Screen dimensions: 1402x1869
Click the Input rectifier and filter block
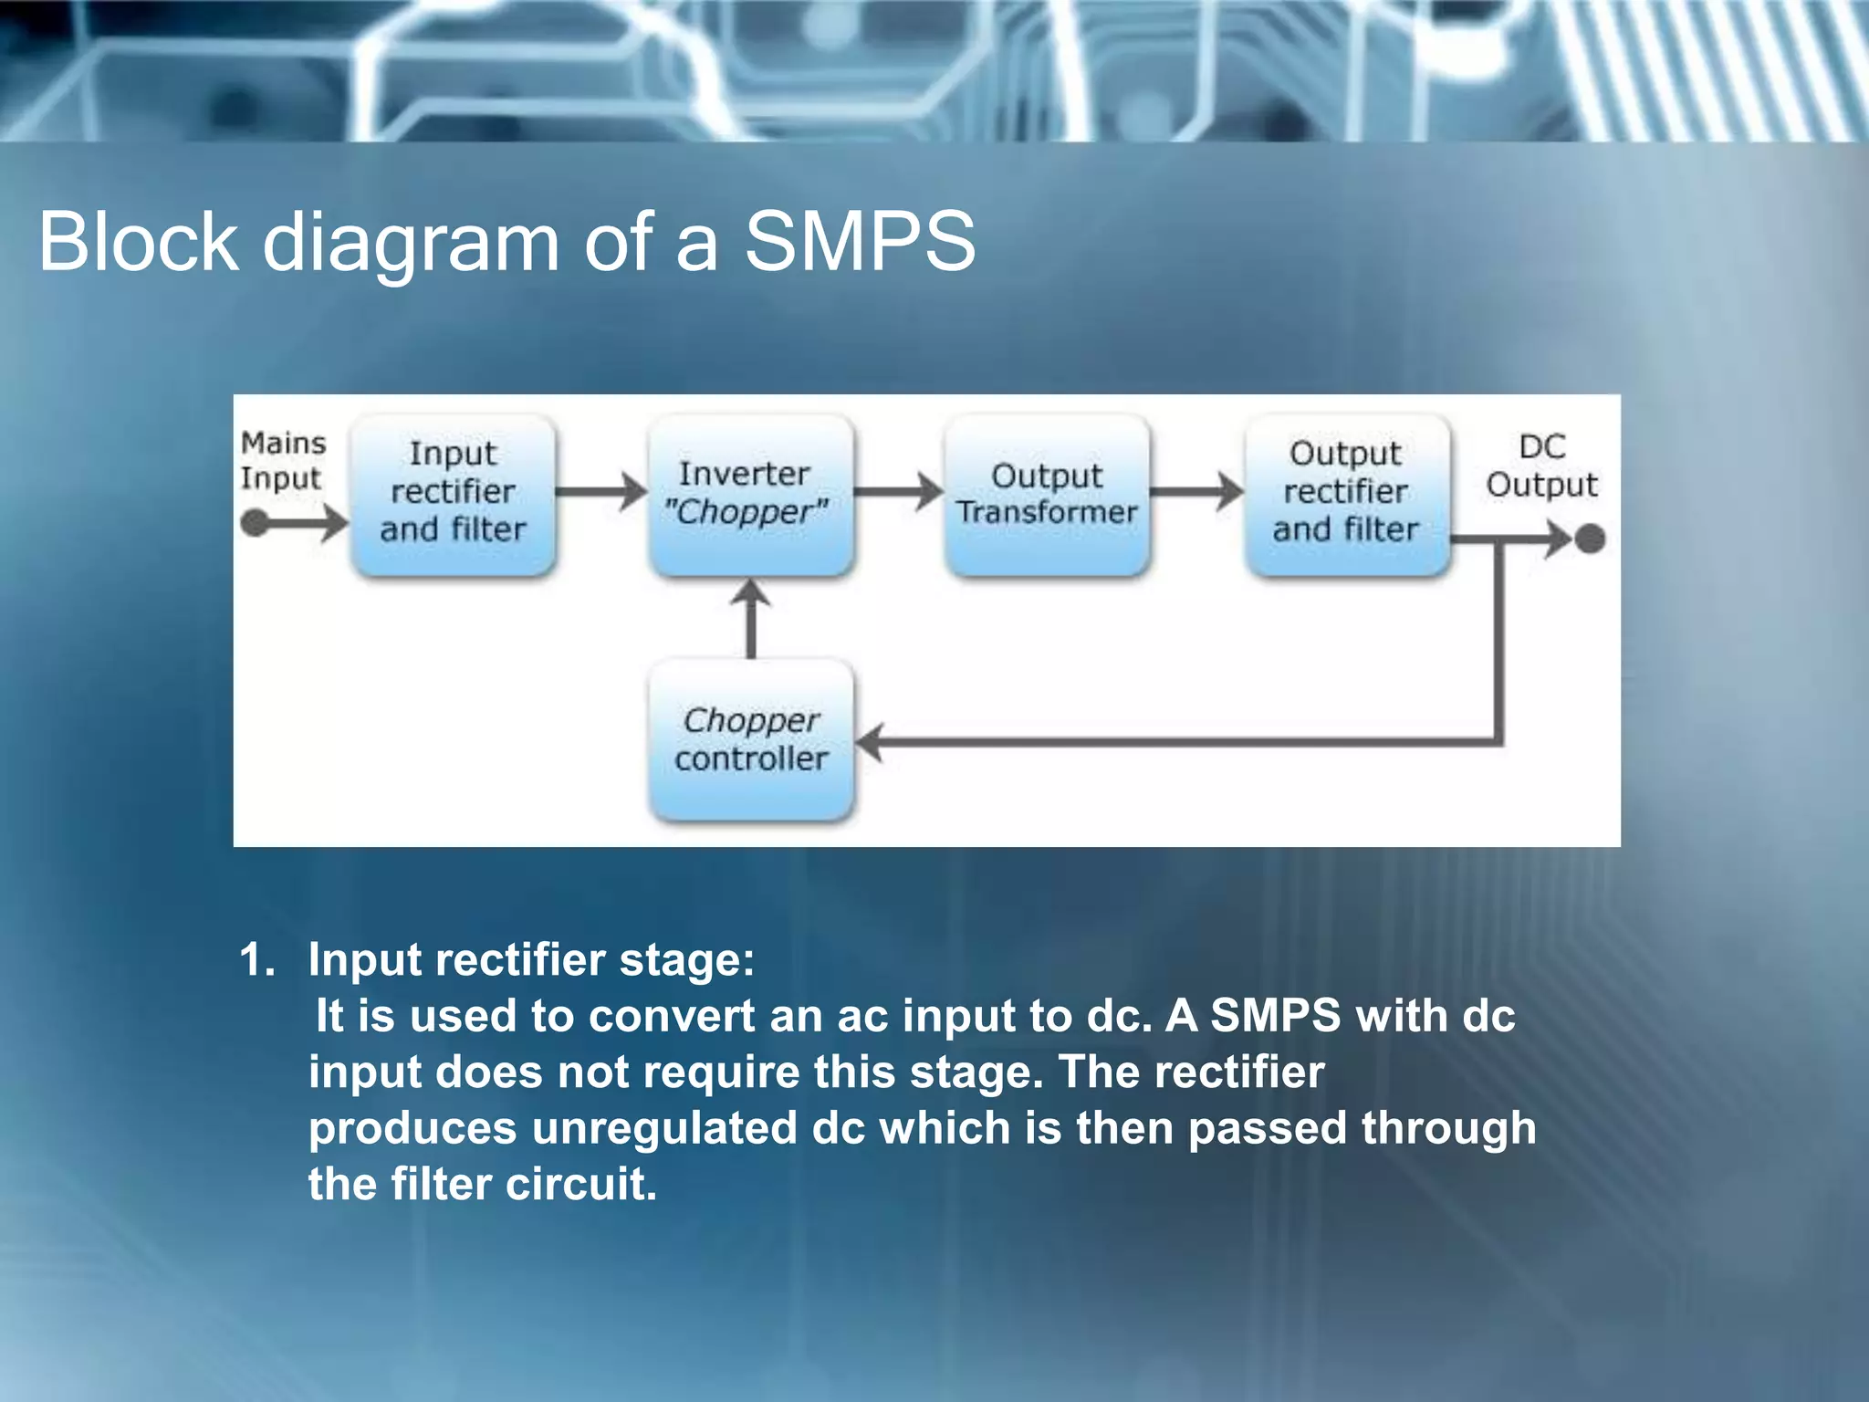pos(454,494)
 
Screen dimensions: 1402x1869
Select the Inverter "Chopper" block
pos(750,494)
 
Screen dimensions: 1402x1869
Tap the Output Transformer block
pos(1048,494)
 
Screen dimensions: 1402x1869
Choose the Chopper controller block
pos(750,739)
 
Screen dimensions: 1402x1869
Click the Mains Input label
pos(282,461)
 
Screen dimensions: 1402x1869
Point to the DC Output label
pos(1541,466)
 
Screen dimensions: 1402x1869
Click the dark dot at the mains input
pos(255,524)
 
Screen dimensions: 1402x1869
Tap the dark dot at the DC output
pos(1590,539)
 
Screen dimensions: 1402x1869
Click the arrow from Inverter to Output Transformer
pos(899,492)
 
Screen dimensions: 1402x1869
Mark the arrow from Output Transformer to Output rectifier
pos(1196,492)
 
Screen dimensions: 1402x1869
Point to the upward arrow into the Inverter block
pos(751,616)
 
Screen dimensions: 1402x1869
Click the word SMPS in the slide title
pos(860,242)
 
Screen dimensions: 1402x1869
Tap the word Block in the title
pos(138,242)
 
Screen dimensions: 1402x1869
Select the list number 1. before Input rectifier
pos(256,960)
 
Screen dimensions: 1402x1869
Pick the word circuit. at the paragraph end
pos(580,1185)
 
